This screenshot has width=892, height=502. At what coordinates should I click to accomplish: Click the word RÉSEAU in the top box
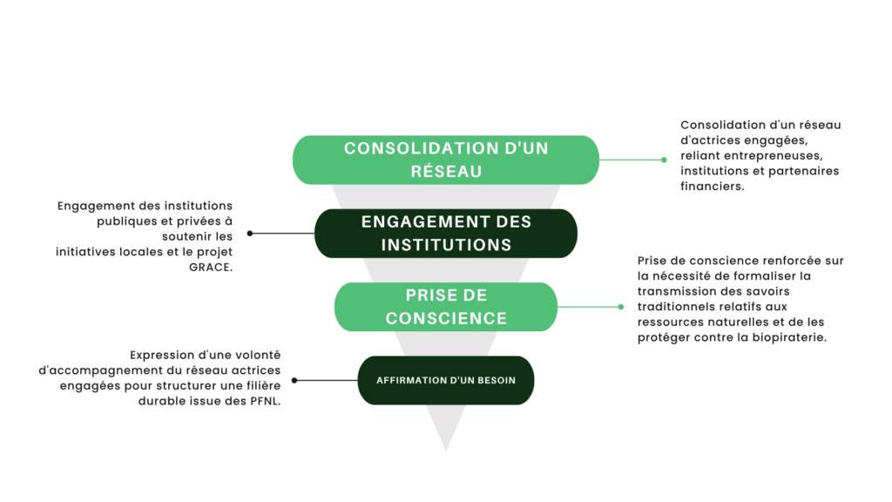(446, 171)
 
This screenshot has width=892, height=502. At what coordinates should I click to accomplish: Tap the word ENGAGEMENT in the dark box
(415, 222)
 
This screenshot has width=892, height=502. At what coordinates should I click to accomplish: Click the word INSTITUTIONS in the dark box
(446, 245)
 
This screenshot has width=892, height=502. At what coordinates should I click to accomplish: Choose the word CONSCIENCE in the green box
(446, 318)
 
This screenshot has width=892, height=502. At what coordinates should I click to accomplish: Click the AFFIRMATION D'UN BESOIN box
(446, 381)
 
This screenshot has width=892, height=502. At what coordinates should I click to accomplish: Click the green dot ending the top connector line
(665, 160)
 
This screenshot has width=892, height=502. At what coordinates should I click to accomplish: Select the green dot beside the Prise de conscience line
(621, 307)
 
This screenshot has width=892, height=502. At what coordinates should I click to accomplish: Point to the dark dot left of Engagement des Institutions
(250, 234)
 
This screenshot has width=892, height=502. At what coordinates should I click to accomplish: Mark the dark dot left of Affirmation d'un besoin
(294, 381)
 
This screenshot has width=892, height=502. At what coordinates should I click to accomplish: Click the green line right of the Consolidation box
(632, 160)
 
